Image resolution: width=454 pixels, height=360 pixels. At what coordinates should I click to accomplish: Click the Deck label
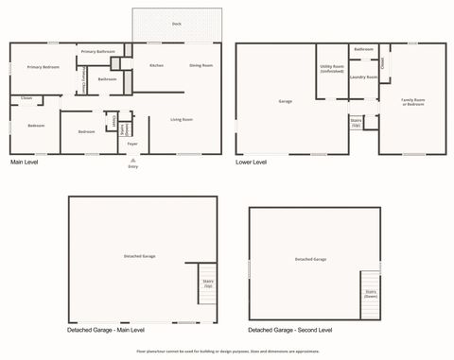tap(177, 24)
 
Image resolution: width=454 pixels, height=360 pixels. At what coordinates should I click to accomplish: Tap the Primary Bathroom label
tap(97, 51)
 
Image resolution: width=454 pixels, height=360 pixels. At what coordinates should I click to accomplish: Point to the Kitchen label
tap(157, 65)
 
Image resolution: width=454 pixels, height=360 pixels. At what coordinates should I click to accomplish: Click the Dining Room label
tap(201, 65)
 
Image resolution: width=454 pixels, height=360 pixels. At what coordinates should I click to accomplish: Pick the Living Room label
tap(182, 119)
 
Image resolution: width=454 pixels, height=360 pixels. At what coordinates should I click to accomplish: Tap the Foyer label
tap(132, 144)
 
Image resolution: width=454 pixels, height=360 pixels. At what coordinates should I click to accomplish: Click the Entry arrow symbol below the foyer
tap(132, 160)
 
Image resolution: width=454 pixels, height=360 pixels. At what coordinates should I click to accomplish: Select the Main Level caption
tap(26, 163)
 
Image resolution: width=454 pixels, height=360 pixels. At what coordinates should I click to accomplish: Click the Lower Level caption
tap(251, 163)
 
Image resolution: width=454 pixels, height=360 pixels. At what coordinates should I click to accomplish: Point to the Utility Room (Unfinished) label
tap(332, 68)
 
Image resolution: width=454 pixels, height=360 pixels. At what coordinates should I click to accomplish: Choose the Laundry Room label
tap(363, 77)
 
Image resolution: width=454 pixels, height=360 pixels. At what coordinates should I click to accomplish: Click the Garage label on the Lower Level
tap(285, 101)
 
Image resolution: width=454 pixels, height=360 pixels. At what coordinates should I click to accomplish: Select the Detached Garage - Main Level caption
tap(105, 330)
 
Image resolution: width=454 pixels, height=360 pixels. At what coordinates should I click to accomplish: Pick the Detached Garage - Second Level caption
tap(289, 330)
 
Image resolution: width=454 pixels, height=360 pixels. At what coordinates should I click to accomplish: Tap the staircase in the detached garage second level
tap(370, 294)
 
